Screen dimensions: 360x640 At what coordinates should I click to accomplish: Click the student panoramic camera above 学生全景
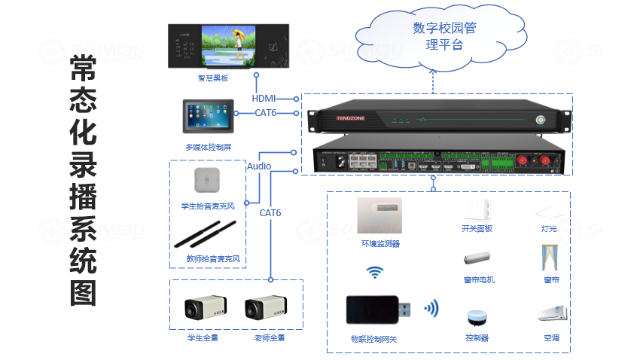point(205,309)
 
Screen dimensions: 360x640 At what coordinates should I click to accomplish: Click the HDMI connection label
point(264,99)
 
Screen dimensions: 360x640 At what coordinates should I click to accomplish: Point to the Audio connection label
point(259,166)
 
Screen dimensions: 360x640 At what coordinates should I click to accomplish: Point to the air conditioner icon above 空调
point(549,313)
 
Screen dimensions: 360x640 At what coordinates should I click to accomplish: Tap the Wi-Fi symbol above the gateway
point(374,273)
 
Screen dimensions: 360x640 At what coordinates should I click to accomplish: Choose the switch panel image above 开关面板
point(477,209)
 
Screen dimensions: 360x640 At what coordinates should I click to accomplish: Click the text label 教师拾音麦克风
point(213,258)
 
